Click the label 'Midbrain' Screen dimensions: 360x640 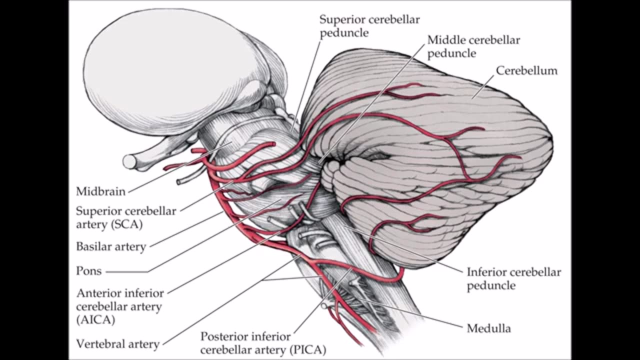point(100,191)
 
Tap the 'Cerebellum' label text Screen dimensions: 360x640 point(526,70)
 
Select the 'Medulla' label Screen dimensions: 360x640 point(488,328)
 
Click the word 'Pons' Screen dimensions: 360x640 point(88,271)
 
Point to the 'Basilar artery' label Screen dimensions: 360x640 point(110,246)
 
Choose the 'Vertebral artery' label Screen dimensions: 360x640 point(117,344)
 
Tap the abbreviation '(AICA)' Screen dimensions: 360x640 point(95,319)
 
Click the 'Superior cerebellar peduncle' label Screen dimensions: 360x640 point(369,26)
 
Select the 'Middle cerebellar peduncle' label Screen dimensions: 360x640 point(473,46)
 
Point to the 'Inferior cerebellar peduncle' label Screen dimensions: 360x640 point(513,278)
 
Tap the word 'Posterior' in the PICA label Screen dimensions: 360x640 point(224,336)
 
